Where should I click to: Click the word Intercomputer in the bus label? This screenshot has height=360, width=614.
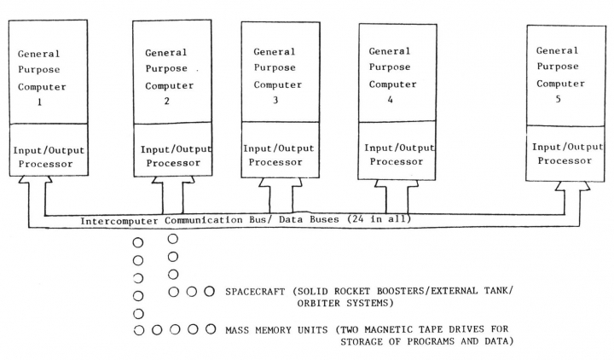point(119,220)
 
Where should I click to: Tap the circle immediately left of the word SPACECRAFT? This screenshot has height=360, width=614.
point(210,292)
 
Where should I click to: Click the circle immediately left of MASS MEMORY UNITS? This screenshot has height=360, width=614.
point(210,329)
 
